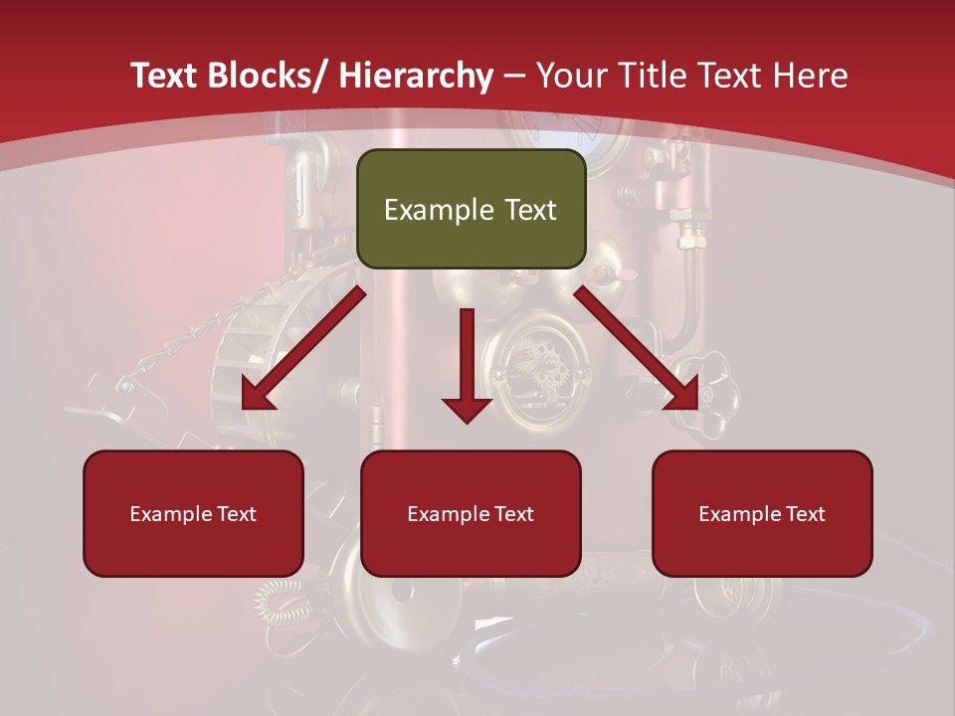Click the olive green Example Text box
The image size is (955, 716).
[x=471, y=209]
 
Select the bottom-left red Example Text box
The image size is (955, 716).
[x=193, y=513]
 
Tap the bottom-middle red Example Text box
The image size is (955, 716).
[x=471, y=513]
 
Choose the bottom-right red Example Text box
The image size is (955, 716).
[x=762, y=513]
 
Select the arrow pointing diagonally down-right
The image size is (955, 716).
[x=637, y=348]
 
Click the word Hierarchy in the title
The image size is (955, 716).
[x=416, y=76]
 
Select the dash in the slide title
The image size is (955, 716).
[x=514, y=76]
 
